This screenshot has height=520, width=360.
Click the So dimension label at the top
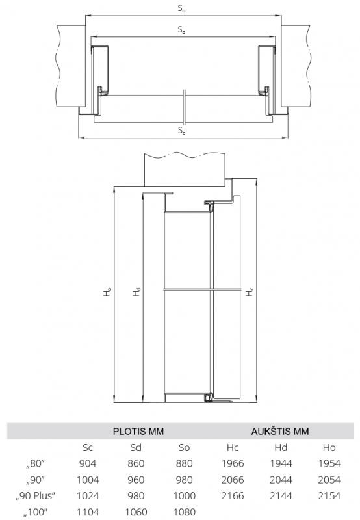181,8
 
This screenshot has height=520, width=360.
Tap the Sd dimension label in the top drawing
181,30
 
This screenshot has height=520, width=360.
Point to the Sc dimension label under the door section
181,131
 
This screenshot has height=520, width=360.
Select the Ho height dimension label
107,292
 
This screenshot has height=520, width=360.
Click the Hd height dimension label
136,292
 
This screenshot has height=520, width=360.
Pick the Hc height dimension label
250,292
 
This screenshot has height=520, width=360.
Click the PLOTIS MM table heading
138,432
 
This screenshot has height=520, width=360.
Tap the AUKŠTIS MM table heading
280,431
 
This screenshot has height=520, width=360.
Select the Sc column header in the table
88,448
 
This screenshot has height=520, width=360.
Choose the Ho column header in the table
329,448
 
